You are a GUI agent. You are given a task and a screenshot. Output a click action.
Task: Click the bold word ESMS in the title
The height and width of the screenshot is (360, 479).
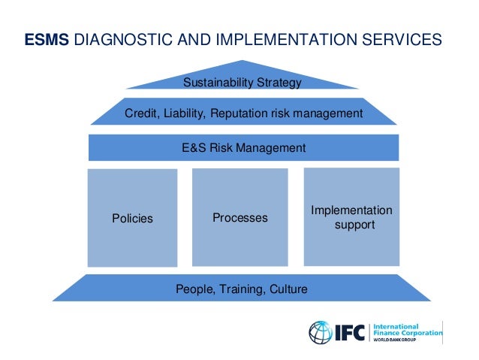click(47, 39)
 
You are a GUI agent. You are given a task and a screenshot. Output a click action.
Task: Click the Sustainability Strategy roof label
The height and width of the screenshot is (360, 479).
click(243, 82)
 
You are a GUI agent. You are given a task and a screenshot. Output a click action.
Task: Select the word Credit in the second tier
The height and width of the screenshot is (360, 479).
click(140, 113)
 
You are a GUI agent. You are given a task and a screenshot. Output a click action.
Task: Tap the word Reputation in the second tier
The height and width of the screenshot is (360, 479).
click(240, 113)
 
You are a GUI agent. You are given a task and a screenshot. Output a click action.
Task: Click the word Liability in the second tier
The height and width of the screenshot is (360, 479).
click(183, 113)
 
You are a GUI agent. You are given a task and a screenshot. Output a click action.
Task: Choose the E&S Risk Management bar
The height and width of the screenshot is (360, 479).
click(243, 148)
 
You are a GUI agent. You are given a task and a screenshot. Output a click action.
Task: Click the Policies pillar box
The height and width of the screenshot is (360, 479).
click(132, 218)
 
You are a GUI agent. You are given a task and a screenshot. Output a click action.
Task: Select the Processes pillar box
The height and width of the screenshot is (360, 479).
click(239, 217)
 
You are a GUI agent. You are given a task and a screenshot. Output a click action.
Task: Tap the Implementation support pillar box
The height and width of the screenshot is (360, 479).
click(351, 217)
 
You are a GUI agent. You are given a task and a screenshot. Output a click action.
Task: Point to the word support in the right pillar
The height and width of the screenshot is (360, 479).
click(354, 225)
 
